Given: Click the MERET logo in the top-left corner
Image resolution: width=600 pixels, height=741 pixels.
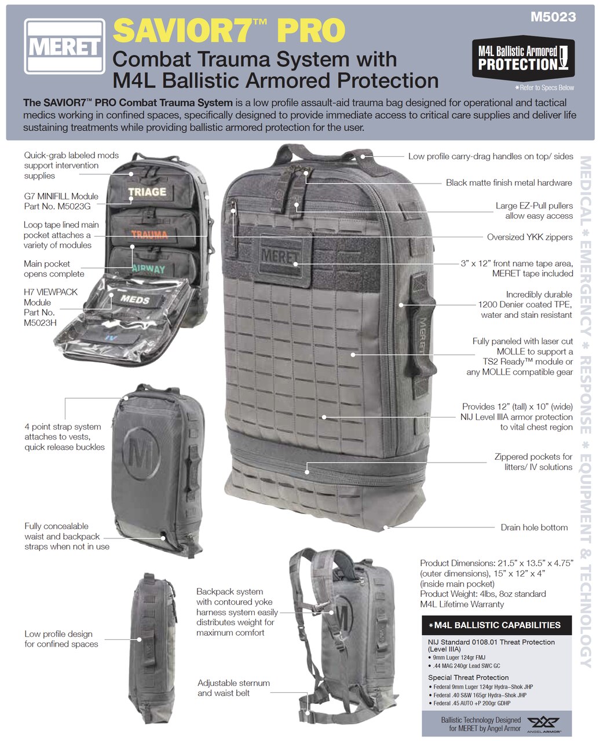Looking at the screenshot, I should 64,46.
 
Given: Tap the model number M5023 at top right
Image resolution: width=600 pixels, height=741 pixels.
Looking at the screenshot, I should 554,17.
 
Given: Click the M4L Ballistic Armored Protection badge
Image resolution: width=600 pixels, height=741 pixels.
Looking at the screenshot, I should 523,58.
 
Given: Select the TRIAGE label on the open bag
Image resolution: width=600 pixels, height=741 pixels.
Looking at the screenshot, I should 147,192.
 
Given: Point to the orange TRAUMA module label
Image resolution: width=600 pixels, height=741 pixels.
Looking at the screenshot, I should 149,234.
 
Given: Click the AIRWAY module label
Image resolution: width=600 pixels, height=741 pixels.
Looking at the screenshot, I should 148,269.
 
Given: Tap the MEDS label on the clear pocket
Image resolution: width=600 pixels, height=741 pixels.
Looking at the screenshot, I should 135,300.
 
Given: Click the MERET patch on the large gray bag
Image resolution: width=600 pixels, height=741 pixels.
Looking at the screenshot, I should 279,256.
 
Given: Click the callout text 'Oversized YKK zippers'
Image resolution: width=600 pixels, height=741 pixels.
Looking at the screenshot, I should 529,237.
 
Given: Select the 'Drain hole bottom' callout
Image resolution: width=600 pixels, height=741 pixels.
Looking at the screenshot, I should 534,527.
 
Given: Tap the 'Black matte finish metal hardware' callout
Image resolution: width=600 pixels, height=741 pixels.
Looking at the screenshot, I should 508,183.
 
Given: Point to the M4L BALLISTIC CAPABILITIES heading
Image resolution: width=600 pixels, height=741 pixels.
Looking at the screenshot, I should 497,625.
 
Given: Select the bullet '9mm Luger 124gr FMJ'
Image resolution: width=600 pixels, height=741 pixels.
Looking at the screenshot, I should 463,658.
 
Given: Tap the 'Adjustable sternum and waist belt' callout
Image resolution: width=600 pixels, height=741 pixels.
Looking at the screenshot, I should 233,688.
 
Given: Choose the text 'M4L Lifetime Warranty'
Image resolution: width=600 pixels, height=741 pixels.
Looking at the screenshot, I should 462,604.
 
